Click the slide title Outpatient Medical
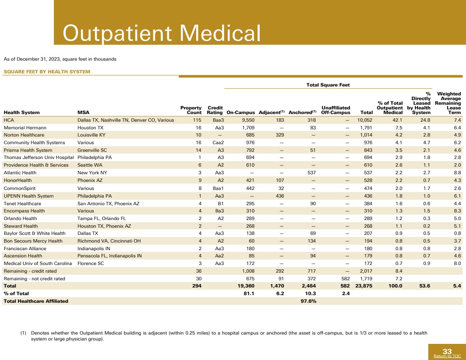pyautogui.click(x=161, y=33)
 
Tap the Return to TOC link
pyautogui.click(x=447, y=356)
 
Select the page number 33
pyautogui.click(x=447, y=351)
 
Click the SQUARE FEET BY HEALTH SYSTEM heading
pyautogui.click(x=47, y=72)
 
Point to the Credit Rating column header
pyautogui.click(x=215, y=110)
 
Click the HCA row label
pyautogui.click(x=9, y=120)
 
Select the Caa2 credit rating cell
pyautogui.click(x=218, y=142)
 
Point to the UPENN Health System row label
pyautogui.click(x=29, y=196)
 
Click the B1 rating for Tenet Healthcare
pyautogui.click(x=220, y=204)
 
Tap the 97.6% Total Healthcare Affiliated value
pyautogui.click(x=308, y=301)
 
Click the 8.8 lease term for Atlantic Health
pyautogui.click(x=457, y=173)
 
